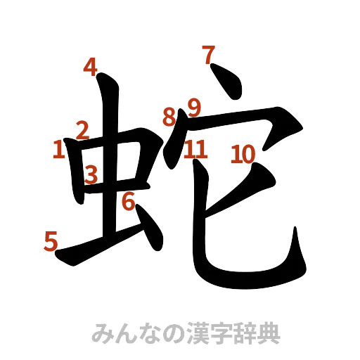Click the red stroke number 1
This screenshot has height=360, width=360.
59,149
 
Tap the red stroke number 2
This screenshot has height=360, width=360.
82,129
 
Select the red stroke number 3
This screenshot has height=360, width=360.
91,173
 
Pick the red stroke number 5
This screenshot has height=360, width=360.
51,242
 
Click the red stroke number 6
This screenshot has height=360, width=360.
127,202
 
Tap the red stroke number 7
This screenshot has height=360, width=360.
208,55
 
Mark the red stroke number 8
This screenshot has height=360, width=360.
169,117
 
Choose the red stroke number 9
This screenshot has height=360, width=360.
193,108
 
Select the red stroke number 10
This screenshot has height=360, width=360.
243,153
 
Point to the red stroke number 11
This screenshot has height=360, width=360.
196,149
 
